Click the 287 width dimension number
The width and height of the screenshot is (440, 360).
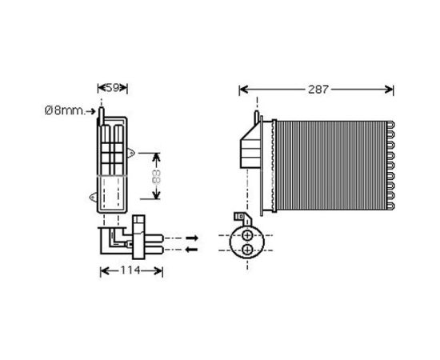(318, 90)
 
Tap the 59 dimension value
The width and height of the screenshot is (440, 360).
(113, 87)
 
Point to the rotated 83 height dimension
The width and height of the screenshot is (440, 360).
(157, 174)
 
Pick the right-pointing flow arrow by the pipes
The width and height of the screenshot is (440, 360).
(193, 238)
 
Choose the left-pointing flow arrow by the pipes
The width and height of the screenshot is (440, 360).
(193, 249)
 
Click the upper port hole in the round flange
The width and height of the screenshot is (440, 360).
(248, 236)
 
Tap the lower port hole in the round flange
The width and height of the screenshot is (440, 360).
(248, 250)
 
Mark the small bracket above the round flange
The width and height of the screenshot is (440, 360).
(238, 218)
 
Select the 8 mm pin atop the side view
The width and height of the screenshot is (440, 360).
(102, 118)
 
